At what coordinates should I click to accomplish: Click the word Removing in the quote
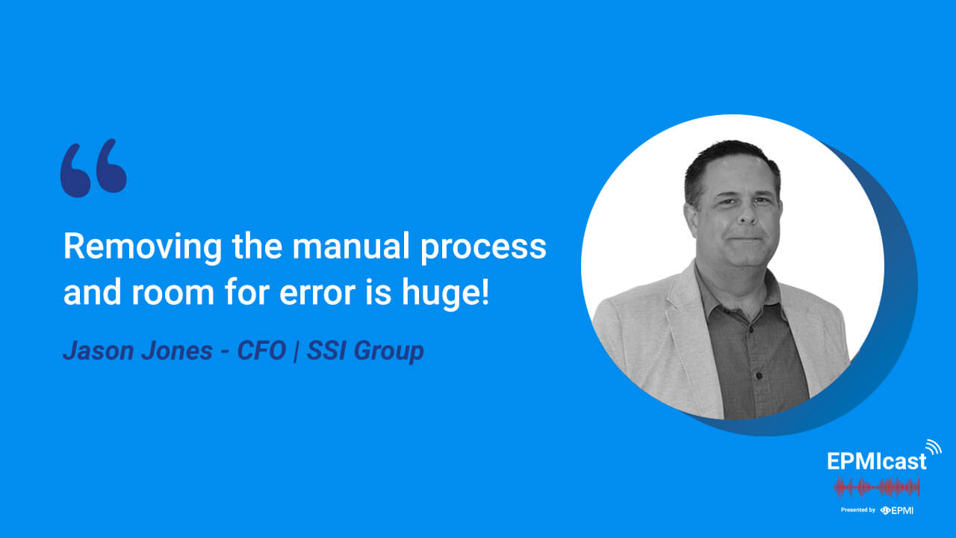point(143,247)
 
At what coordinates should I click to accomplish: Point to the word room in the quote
point(173,294)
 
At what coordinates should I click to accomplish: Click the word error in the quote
point(317,294)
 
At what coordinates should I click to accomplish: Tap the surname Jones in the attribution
point(177,351)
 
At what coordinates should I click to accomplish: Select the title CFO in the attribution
point(261,351)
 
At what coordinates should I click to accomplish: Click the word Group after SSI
point(388,352)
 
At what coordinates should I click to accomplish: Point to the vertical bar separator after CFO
point(296,351)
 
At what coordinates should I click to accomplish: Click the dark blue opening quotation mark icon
point(93,168)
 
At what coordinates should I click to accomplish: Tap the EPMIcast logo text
point(877,461)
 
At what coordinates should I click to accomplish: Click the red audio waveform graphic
point(877,488)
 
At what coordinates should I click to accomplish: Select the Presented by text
point(858,510)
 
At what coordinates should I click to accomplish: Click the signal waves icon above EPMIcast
point(934,448)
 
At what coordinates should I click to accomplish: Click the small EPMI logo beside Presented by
point(897,510)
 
